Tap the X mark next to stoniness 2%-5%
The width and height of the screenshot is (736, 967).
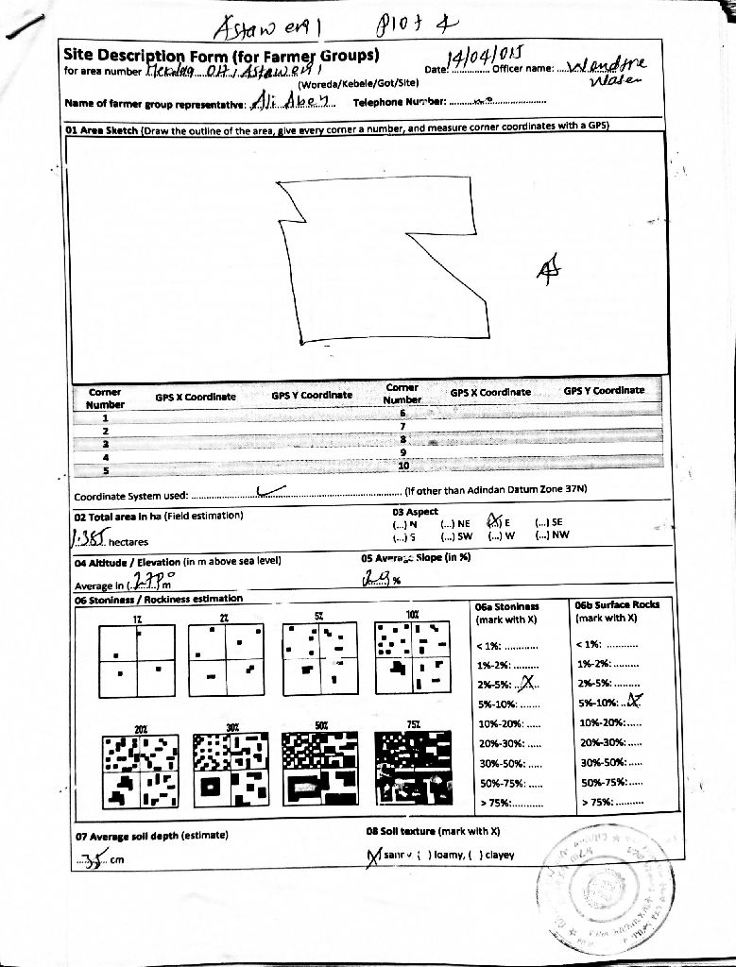(530, 684)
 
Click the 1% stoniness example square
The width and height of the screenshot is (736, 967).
(137, 661)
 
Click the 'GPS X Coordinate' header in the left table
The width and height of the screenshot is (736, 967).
(196, 397)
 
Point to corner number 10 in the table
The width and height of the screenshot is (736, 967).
(402, 466)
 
